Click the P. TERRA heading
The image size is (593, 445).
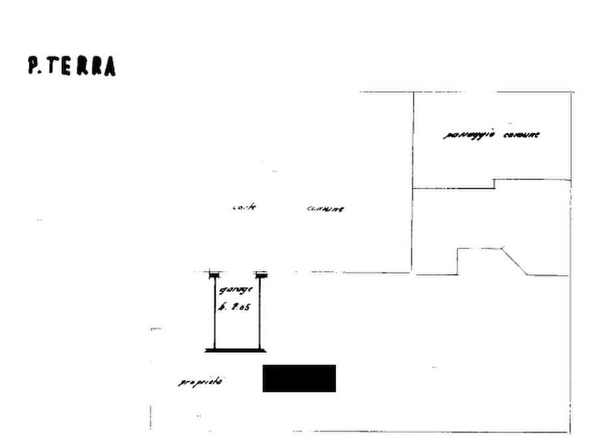click(73, 67)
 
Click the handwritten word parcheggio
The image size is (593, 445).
click(468, 136)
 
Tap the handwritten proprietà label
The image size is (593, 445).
click(201, 383)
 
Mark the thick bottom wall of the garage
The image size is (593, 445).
click(235, 349)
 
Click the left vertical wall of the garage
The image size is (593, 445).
click(213, 312)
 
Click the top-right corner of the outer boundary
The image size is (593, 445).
click(570, 90)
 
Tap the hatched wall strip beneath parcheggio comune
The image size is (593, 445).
click(458, 187)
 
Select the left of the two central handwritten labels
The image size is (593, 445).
click(244, 207)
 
